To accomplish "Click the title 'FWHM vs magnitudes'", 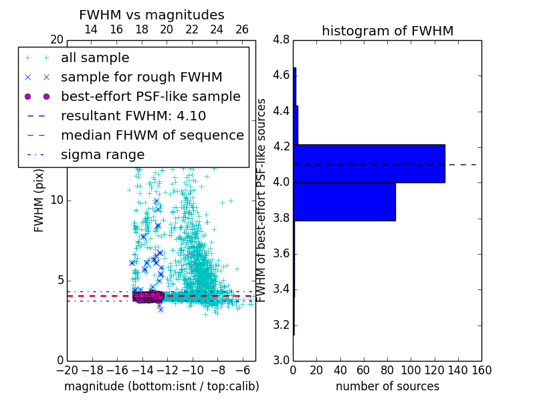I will [x=152, y=15].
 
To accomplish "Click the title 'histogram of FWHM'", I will [x=387, y=31].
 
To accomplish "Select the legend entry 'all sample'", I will [x=95, y=58].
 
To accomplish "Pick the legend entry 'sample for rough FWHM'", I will [x=141, y=77].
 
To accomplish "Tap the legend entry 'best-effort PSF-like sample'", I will [x=150, y=96].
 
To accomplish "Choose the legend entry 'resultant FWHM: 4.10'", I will [x=133, y=116].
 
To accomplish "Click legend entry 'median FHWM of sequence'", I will [x=152, y=135].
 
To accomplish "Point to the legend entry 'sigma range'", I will [x=102, y=154].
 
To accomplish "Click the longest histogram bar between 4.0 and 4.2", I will [x=369, y=163].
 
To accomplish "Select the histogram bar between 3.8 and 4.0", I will [x=344, y=201].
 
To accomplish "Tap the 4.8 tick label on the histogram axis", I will [x=282, y=39].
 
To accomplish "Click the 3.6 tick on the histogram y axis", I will [x=282, y=253].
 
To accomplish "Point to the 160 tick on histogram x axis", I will [x=481, y=370].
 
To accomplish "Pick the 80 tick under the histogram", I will [x=387, y=370].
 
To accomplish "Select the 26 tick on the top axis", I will [x=242, y=29].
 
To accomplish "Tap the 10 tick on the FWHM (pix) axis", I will [x=57, y=200].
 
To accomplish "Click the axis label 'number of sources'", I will [x=387, y=386].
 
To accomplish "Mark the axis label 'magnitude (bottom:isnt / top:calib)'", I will [x=161, y=386].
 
